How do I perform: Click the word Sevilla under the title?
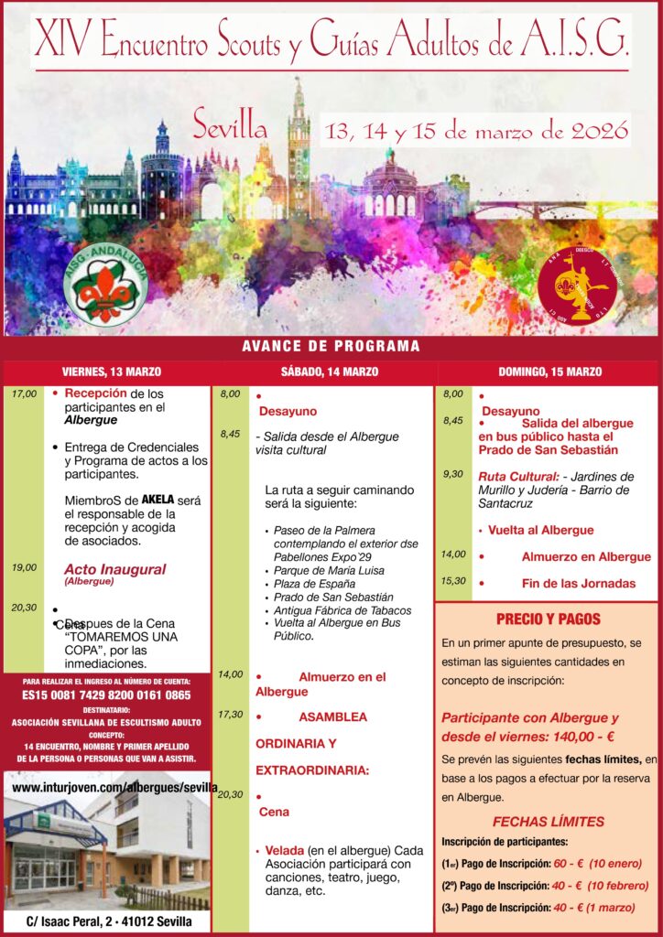point(230,124)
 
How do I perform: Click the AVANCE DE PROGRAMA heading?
point(331,347)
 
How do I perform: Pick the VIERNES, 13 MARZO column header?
point(112,372)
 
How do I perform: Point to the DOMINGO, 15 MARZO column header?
point(549,372)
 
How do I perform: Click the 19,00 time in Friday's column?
point(25,567)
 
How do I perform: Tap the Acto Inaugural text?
point(114,569)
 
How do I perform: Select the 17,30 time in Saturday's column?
point(231,714)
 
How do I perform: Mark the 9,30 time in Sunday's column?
point(453,474)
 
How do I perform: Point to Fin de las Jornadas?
point(579,583)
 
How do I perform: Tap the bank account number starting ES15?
point(108,695)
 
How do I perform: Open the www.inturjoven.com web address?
point(114,787)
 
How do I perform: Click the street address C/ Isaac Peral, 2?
point(108,921)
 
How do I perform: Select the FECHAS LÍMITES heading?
point(548,821)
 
